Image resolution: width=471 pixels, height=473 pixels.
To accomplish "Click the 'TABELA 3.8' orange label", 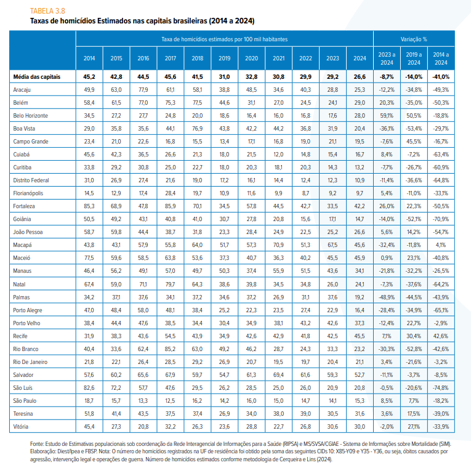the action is click(47, 11).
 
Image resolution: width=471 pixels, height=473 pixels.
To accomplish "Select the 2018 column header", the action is click(198, 59).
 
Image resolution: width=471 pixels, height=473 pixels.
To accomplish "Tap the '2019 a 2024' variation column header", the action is click(414, 59).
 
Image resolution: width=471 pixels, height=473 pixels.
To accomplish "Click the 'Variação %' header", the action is click(414, 39).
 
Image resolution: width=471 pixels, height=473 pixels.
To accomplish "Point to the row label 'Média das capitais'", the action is click(37, 77).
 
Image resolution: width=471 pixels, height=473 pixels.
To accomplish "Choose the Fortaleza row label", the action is click(24, 206).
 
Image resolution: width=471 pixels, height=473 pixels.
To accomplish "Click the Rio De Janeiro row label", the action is click(30, 362).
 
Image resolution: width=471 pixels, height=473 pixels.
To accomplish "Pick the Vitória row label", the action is click(21, 427).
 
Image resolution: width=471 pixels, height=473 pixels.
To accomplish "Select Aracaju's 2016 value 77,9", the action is click(143, 90).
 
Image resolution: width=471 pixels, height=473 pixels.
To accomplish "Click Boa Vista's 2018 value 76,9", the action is click(198, 129).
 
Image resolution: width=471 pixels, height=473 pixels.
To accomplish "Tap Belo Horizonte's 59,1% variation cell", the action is click(387, 116).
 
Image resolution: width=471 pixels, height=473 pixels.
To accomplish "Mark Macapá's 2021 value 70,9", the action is click(278, 245).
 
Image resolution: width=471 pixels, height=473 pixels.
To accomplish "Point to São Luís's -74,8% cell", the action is click(441, 388).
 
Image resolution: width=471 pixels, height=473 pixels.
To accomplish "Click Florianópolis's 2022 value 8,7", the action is click(305, 193).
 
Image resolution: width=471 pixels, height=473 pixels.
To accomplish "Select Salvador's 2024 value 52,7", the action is click(360, 375).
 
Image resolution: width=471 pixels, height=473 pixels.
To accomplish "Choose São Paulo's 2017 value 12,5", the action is click(171, 401).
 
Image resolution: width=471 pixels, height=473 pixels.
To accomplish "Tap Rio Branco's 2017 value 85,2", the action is click(171, 349).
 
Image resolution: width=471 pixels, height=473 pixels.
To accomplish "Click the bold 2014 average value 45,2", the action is click(89, 77).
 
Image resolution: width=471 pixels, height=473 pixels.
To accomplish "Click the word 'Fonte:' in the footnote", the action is click(37, 444).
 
